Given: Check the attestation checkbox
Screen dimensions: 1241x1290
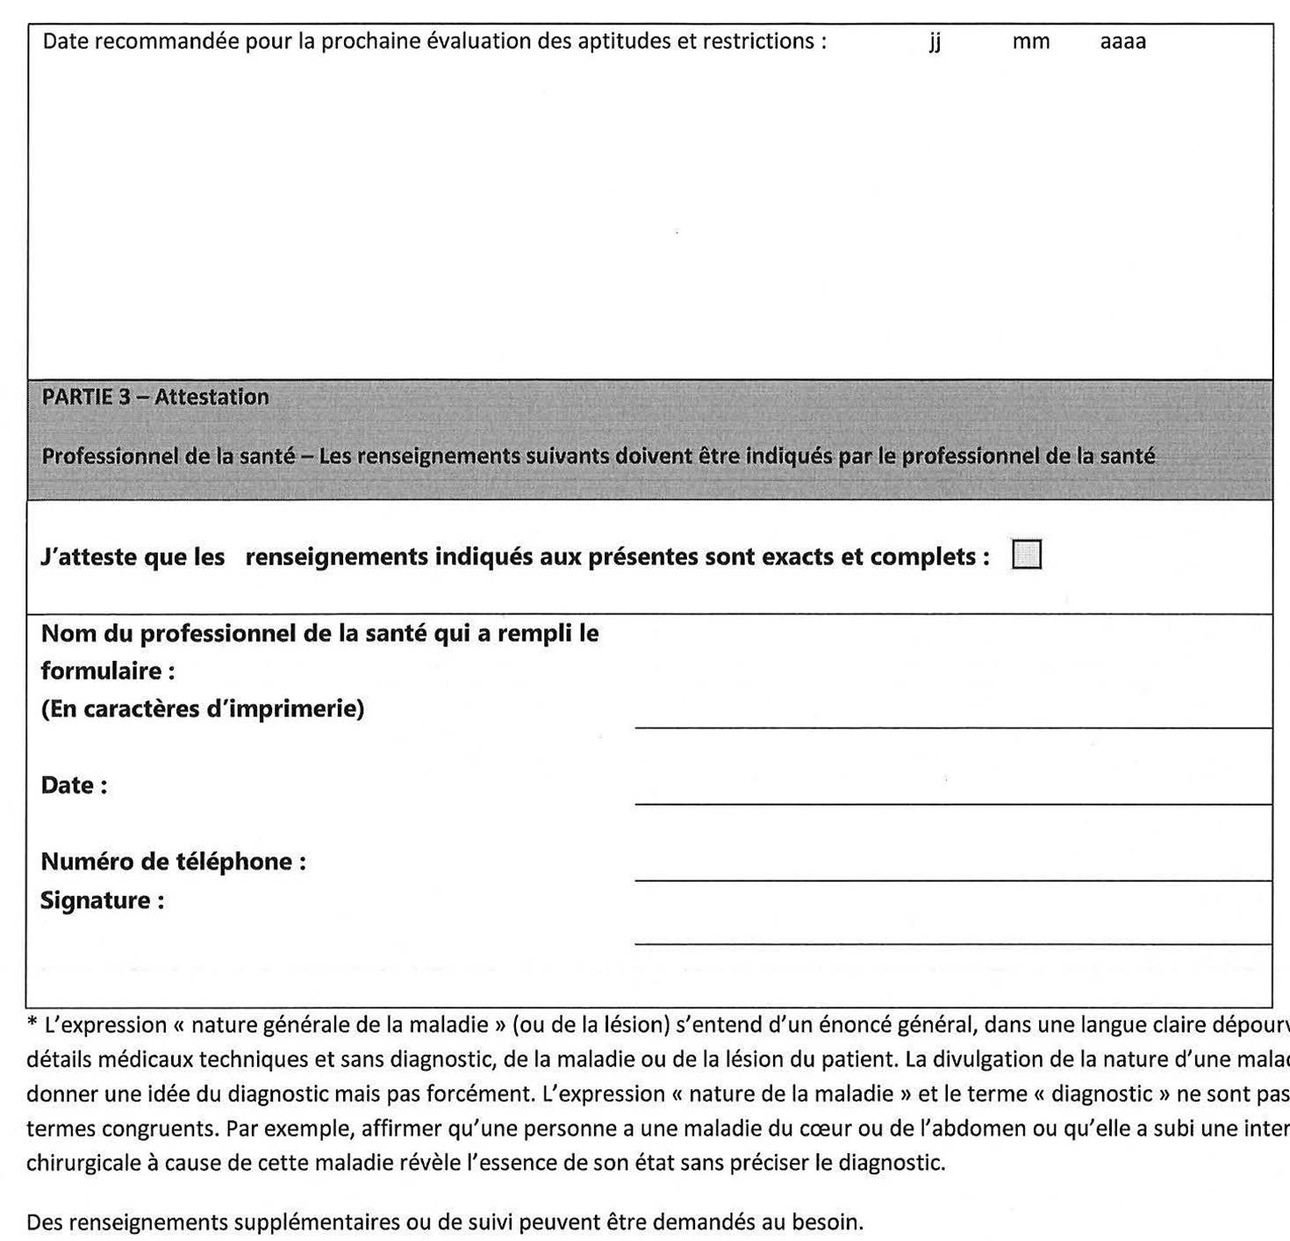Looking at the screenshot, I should pos(1026,555).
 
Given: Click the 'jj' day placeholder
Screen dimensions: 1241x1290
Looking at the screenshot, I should pos(935,42).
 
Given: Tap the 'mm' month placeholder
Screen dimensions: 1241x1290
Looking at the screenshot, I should pos(1030,42).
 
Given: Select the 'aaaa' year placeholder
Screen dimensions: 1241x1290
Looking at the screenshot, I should pos(1122,42).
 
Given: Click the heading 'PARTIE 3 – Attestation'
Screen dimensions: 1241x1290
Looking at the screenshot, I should pos(155,397).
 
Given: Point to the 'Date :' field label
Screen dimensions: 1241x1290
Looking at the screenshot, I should pos(74,785).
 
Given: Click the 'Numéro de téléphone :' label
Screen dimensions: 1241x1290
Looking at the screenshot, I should pos(173,861).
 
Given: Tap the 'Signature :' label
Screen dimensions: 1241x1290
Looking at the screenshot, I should pos(102,900).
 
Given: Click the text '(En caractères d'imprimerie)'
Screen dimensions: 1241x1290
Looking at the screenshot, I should pos(202,708).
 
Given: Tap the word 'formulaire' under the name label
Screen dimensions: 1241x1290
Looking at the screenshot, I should pos(101,671).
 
